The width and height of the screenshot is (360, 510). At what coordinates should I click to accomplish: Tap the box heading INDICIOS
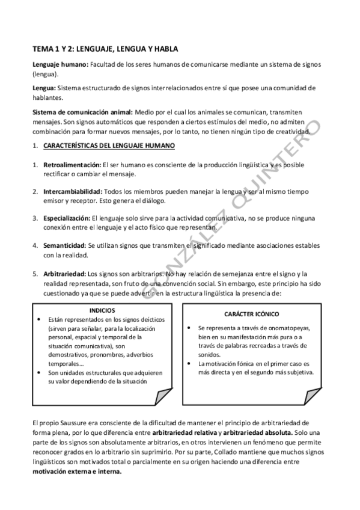tap(101, 310)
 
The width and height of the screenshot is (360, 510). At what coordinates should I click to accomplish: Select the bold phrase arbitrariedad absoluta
tap(260, 433)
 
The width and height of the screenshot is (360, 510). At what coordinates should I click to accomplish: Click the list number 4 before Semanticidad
tap(35, 245)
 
